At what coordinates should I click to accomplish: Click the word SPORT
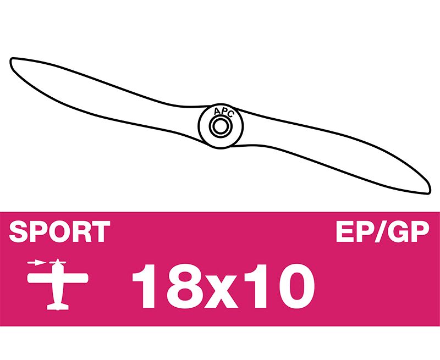coord(59,231)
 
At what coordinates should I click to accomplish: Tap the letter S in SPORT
coord(19,231)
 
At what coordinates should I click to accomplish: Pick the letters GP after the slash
coord(409,231)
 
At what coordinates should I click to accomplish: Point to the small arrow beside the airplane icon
coord(36,263)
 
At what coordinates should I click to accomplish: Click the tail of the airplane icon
coord(58,307)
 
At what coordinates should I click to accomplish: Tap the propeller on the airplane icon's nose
coord(58,263)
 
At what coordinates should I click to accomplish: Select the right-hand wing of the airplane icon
coord(75,278)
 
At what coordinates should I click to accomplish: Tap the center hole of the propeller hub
coord(221,126)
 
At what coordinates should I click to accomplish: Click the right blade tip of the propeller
coord(429,192)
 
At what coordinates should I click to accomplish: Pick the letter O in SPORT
coord(59,231)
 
